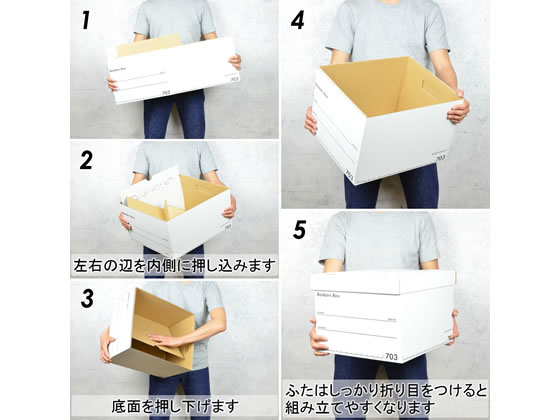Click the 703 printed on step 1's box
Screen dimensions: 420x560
click(233, 78)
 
